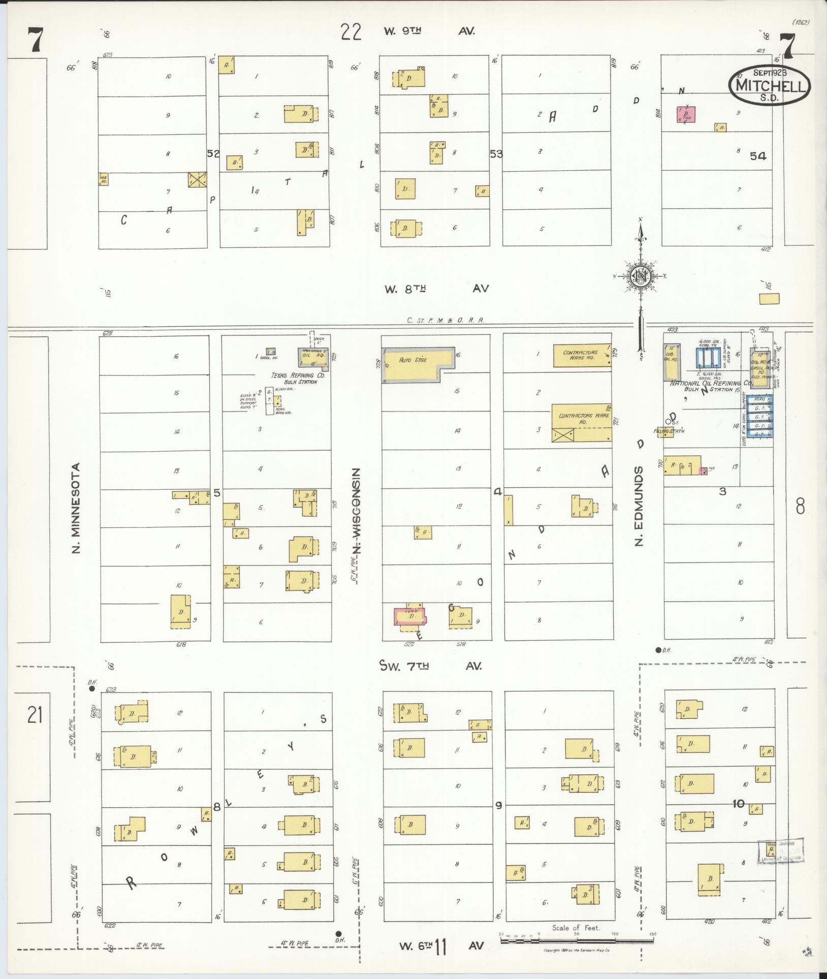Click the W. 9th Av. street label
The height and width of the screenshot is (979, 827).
tap(429, 31)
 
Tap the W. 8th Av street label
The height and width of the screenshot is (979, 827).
tap(436, 289)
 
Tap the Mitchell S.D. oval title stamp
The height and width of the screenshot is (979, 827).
tap(769, 84)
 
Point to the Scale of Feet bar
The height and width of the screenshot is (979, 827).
tap(577, 941)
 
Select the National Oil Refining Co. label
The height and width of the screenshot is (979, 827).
tap(711, 384)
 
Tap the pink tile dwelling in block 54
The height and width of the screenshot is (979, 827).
tap(686, 115)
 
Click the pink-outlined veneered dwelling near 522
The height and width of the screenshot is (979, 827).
tap(411, 616)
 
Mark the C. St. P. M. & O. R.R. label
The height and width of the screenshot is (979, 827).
tap(446, 321)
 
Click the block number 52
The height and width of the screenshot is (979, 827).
tap(213, 153)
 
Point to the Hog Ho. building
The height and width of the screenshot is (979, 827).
tap(103, 179)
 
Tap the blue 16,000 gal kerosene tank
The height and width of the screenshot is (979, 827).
tap(707, 357)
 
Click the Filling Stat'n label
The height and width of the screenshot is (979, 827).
tap(670, 431)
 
